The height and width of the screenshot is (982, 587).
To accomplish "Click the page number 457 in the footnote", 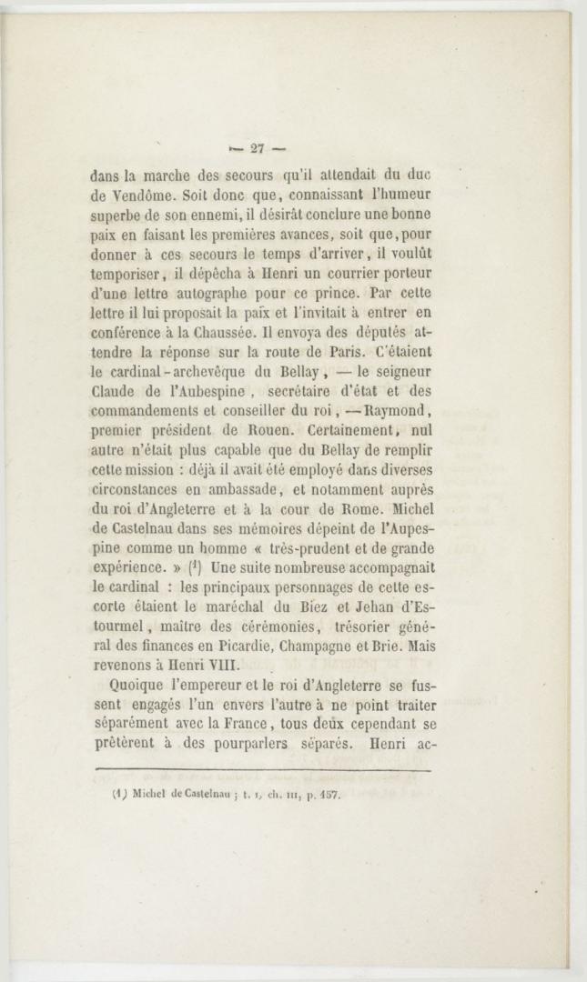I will point(326,795).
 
